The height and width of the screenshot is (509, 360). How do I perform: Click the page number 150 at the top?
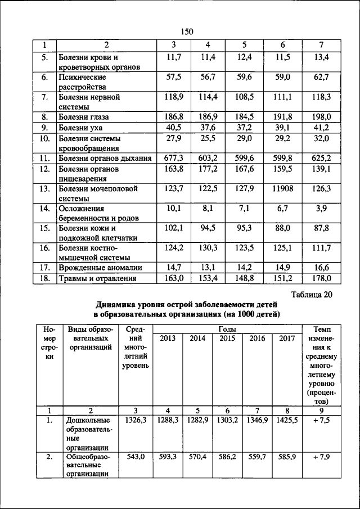point(187,31)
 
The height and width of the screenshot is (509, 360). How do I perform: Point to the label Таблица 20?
point(312,295)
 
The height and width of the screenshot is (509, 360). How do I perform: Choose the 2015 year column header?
point(227,339)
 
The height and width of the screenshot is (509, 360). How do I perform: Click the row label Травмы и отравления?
point(98,278)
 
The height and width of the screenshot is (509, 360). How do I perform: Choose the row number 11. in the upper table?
point(44,159)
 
